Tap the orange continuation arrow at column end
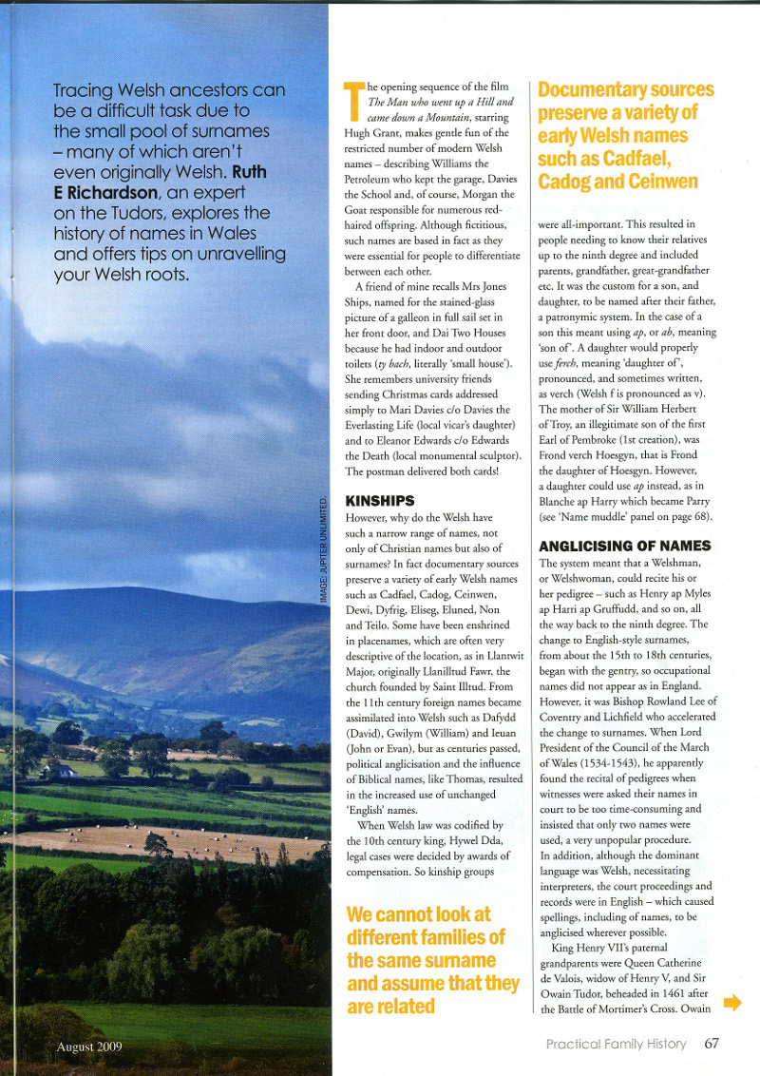(x=731, y=1002)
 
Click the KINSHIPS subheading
(x=379, y=500)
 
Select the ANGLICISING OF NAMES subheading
(x=624, y=546)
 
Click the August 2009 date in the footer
(x=90, y=1047)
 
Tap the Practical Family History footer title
(x=616, y=1044)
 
